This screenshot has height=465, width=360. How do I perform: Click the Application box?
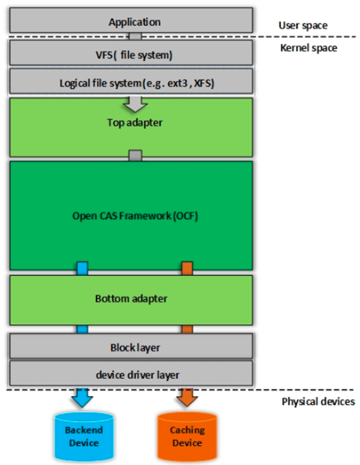point(135,22)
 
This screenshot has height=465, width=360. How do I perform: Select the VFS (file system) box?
point(135,56)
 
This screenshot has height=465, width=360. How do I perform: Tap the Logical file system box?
point(135,82)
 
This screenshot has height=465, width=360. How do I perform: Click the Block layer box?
point(135,347)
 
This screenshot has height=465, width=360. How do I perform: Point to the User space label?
point(303,26)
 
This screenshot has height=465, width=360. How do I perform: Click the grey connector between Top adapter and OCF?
point(135,156)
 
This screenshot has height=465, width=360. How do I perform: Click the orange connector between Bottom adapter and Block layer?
point(187,329)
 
